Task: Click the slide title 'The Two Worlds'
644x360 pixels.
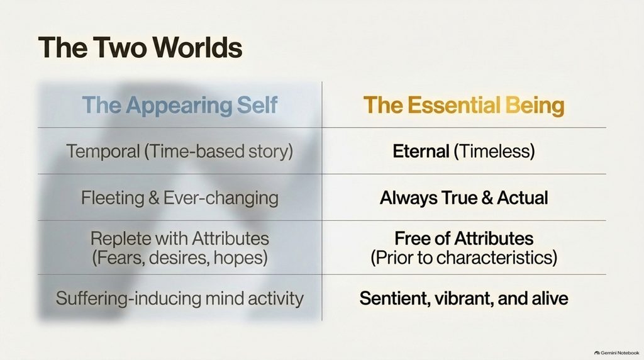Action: coord(140,47)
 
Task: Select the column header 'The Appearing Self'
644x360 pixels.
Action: coord(179,105)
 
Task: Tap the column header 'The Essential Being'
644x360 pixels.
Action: coord(464,105)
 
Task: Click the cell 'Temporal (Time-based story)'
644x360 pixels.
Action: coord(179,151)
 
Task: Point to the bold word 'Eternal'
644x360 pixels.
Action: coord(421,151)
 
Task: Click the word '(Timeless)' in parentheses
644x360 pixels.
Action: coord(494,151)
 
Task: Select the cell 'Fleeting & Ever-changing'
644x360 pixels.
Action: coord(179,198)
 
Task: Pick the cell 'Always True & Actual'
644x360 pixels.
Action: coord(464,198)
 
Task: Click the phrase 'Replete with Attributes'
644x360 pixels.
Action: coord(179,239)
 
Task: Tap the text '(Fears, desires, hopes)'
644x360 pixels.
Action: coord(179,258)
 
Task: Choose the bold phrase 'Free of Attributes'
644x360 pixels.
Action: coord(464,239)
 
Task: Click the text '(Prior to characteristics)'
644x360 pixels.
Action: coord(464,258)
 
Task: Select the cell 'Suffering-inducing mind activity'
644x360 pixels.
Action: coord(179,298)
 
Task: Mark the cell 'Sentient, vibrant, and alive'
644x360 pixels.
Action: coord(464,298)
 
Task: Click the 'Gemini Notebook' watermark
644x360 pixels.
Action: coord(616,352)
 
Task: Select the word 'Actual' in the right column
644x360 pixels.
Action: coord(523,198)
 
